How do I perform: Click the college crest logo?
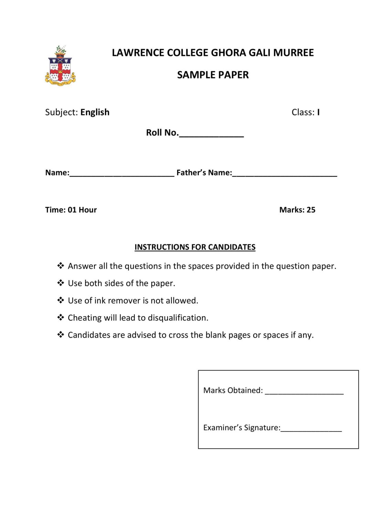click(60, 66)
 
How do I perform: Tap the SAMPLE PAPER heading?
click(213, 75)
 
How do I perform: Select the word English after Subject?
click(95, 112)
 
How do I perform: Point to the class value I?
click(318, 112)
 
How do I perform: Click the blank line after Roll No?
click(211, 136)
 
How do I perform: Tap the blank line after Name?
click(122, 175)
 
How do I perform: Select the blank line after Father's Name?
click(285, 175)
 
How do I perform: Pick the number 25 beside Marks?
click(311, 210)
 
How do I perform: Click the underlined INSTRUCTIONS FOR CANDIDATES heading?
click(195, 247)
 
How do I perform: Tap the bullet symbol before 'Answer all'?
click(61, 266)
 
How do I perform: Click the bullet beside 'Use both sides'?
click(61, 283)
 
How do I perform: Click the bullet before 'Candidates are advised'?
click(61, 334)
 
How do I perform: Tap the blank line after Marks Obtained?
click(304, 393)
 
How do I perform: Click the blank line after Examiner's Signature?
click(311, 430)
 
